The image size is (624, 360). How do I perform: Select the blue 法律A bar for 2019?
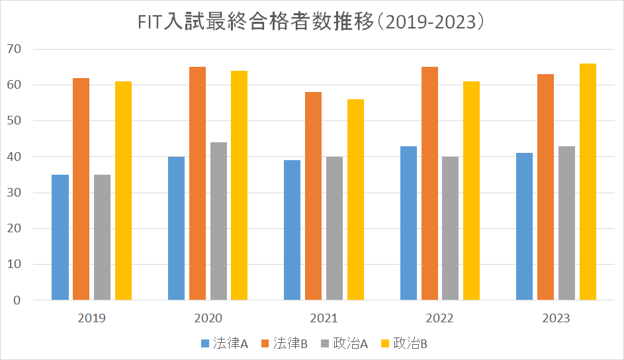coord(60,238)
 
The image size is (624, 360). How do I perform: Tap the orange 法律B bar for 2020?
coord(197,184)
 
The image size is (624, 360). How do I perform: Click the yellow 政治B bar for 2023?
coord(588,182)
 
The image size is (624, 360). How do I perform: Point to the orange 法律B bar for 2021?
coord(313,197)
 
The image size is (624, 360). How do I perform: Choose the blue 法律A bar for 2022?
coord(408,223)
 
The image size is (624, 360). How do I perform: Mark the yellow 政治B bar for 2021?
coord(355,200)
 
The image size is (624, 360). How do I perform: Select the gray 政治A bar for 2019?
coord(102,238)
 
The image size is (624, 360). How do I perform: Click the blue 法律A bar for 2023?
coord(524,227)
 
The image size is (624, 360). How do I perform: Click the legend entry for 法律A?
coord(224,343)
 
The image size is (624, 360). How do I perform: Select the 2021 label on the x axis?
coord(324,318)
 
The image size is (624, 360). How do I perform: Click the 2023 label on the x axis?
coord(556,318)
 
